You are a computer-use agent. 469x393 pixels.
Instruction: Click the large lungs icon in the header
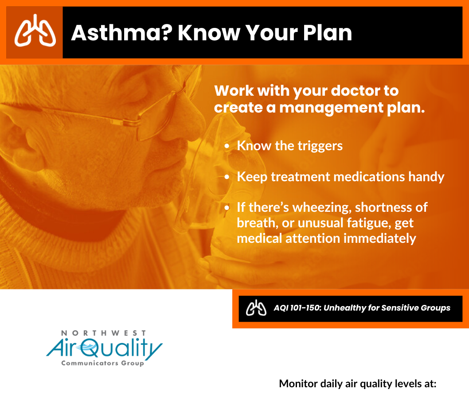click(35, 31)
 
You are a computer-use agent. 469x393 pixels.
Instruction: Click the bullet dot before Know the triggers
click(227, 146)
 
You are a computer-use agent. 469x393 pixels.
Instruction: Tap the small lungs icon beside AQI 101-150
click(256, 308)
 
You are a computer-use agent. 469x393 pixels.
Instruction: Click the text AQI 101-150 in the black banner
click(297, 308)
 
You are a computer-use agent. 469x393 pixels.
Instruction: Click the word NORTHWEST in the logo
click(103, 333)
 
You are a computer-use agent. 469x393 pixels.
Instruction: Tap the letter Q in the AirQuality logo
click(90, 348)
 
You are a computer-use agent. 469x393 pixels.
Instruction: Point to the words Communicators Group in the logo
click(102, 363)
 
